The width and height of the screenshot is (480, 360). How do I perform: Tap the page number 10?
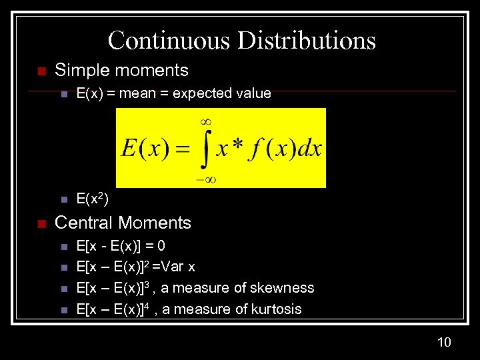click(x=444, y=342)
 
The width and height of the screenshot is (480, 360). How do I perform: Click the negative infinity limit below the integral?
click(x=206, y=178)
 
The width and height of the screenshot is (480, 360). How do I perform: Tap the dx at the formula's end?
click(x=309, y=148)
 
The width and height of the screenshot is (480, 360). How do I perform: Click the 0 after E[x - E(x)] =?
click(x=161, y=245)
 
